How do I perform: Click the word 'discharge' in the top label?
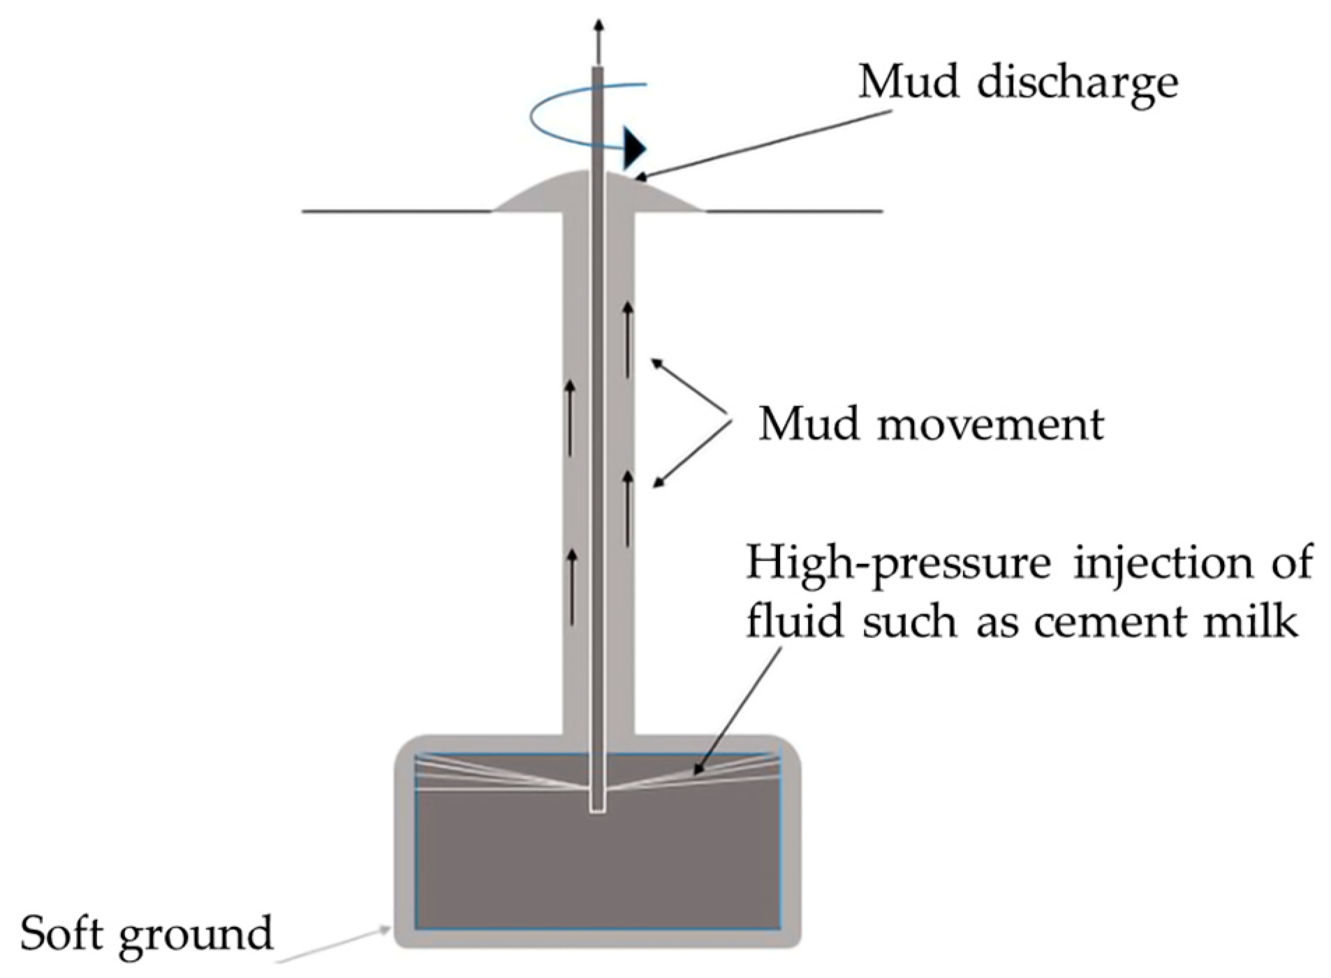coord(1077,84)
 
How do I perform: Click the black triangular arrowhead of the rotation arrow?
coord(634,147)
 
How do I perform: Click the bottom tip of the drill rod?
coord(597,810)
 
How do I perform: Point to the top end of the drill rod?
coord(598,68)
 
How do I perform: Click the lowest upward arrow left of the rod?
coord(572,586)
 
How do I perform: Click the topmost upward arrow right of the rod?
coord(628,339)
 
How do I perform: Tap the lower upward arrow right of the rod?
coord(628,508)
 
